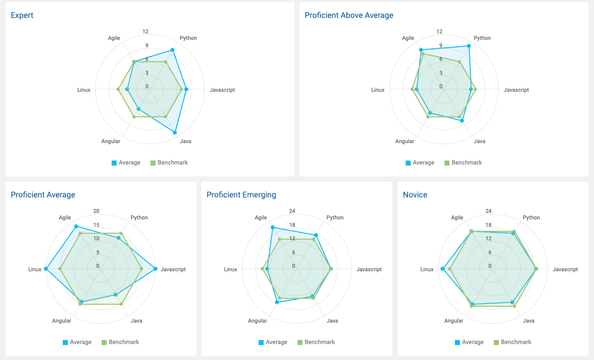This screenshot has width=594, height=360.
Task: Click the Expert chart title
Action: point(22,15)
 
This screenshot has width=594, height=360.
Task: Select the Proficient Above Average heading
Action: point(349,15)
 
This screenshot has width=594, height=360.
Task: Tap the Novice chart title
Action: point(415,195)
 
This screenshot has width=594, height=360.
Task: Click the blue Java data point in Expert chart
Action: point(175,133)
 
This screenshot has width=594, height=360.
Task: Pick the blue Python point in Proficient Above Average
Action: point(468,46)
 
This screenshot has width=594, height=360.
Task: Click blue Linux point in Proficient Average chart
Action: point(46,269)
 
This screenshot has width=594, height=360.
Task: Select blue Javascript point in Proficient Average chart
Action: point(155,269)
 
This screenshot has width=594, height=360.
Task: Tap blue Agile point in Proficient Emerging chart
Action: point(273,227)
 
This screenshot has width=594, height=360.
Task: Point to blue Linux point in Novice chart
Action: point(443,269)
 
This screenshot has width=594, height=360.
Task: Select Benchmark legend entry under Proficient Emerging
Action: point(315,342)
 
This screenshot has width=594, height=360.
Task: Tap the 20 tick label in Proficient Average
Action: point(97,211)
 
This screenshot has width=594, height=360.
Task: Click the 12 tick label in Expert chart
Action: point(145,32)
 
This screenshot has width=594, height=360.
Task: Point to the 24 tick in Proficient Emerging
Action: point(292,211)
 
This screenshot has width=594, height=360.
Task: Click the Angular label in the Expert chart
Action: point(111,142)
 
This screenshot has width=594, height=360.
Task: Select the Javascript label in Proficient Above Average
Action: point(516,90)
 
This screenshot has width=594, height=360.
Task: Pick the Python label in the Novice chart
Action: point(531,218)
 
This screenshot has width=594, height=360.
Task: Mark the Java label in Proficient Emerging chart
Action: point(332,321)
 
